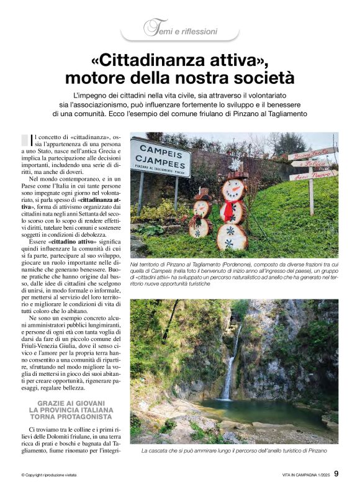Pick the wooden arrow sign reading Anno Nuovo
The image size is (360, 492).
pyautogui.click(x=312, y=176)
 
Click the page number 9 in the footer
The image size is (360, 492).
pyautogui.click(x=336, y=475)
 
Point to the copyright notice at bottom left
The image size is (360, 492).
pyautogui.click(x=53, y=475)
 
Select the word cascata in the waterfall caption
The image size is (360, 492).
pyautogui.click(x=158, y=450)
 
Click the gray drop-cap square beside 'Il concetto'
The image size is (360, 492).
pyautogui.click(x=25, y=140)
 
